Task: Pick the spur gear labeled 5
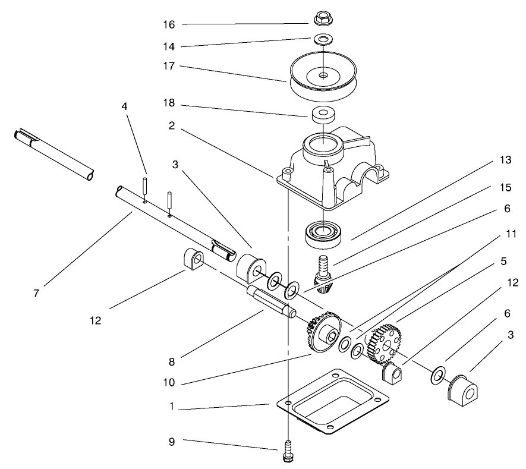click(x=384, y=344)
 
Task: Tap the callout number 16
click(x=169, y=24)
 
